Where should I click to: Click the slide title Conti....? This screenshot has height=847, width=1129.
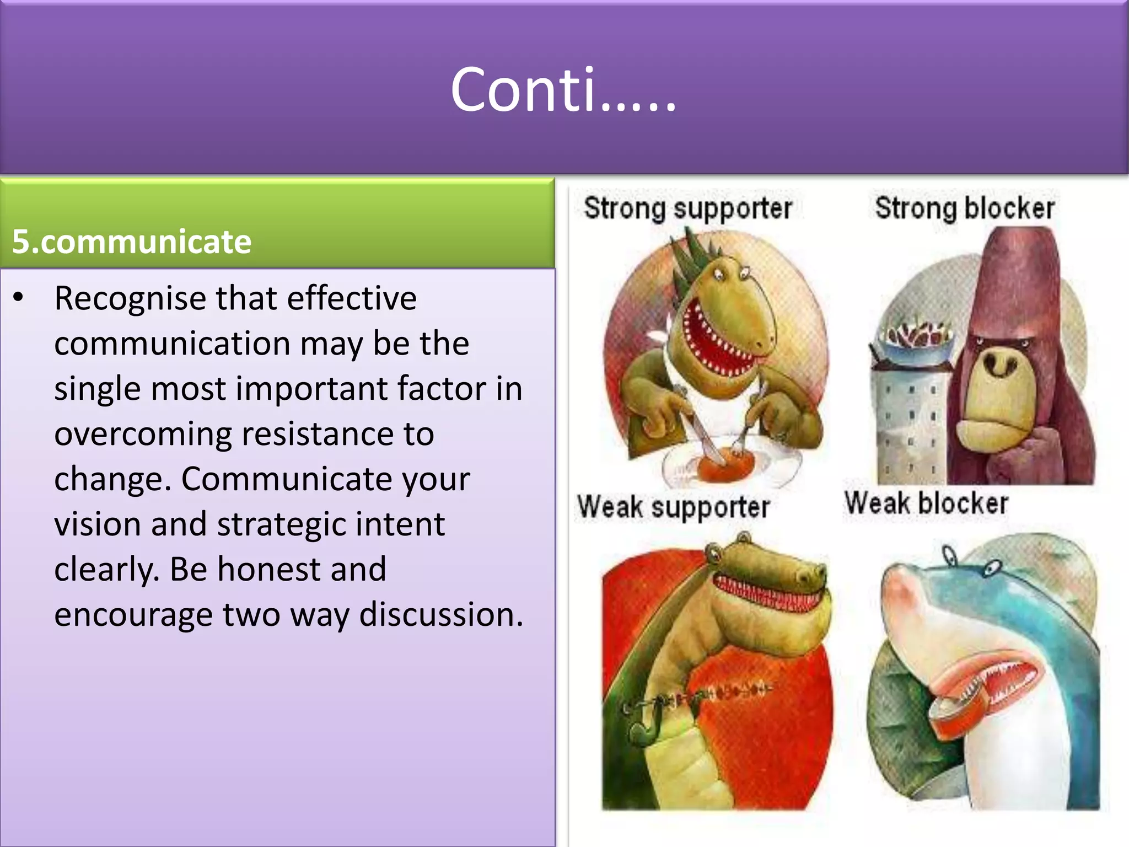pyautogui.click(x=563, y=89)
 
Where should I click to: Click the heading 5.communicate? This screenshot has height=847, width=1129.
pyautogui.click(x=132, y=242)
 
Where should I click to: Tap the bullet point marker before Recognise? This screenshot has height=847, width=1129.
pyautogui.click(x=19, y=297)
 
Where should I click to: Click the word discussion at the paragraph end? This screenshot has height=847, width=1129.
pyautogui.click(x=440, y=614)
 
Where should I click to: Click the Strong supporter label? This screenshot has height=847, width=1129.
pyautogui.click(x=687, y=208)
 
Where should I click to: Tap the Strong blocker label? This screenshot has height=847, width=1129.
pyautogui.click(x=965, y=208)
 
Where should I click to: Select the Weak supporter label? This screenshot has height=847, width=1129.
pyautogui.click(x=673, y=507)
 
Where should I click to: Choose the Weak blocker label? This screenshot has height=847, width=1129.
pyautogui.click(x=927, y=503)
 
